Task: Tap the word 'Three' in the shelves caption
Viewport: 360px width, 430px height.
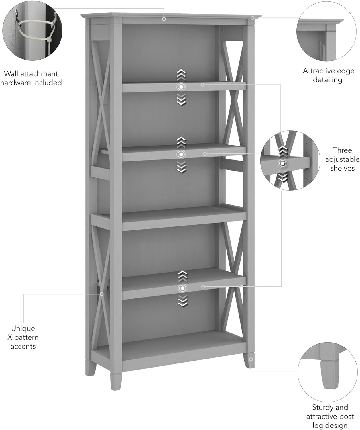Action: (x=342, y=150)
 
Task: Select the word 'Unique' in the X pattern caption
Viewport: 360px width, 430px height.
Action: (x=23, y=328)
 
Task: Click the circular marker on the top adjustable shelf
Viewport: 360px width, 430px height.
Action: (x=181, y=87)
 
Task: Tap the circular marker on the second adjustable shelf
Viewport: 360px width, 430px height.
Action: (x=181, y=155)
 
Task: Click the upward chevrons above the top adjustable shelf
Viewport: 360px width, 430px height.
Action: (x=181, y=75)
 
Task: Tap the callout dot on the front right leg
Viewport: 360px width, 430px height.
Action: (x=251, y=359)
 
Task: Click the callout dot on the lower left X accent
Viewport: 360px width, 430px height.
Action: (x=102, y=294)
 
